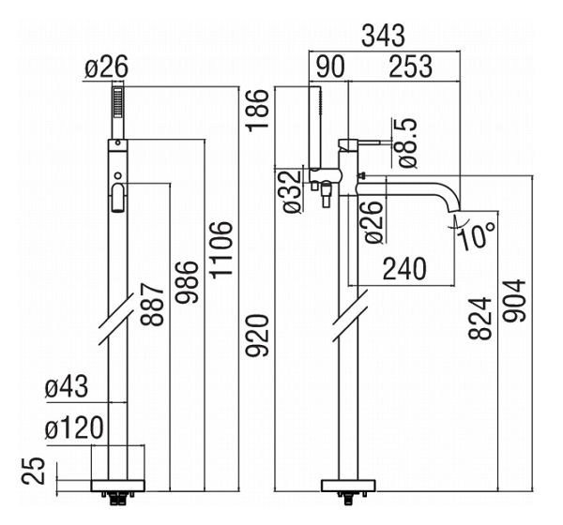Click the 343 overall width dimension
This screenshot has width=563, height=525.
coord(384,37)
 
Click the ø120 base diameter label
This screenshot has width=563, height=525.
coord(75,429)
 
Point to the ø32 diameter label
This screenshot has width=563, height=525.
coord(291,190)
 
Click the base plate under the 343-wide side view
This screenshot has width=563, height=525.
coord(348,485)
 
